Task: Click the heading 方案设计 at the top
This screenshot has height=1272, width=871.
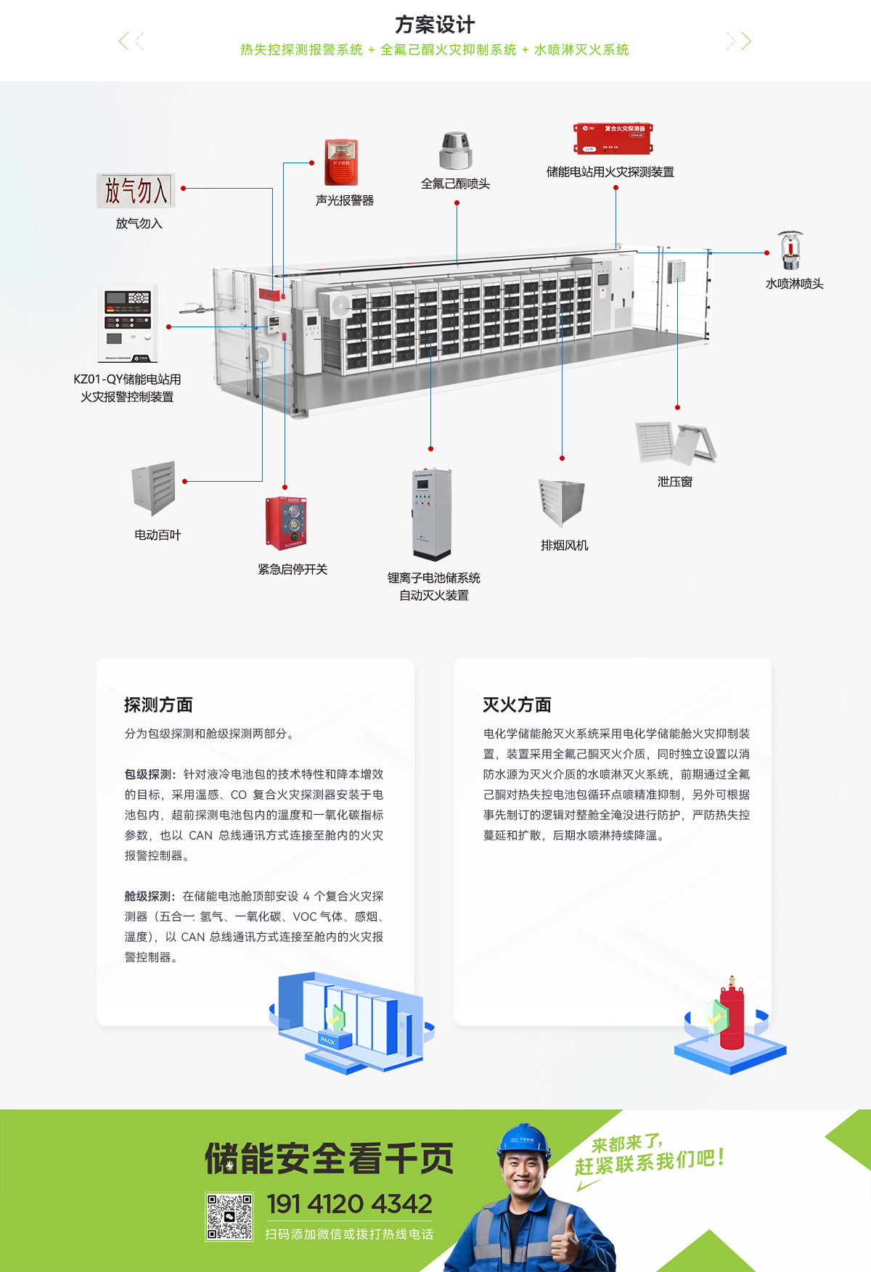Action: [x=435, y=25]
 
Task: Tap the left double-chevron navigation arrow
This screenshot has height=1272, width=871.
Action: [x=131, y=41]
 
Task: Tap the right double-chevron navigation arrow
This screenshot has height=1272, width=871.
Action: [x=739, y=41]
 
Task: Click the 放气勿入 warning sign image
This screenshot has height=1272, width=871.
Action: [x=136, y=191]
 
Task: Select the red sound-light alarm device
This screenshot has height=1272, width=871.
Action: [x=340, y=163]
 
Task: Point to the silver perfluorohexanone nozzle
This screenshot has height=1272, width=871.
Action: [x=455, y=151]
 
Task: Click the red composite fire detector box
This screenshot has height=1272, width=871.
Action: [x=613, y=139]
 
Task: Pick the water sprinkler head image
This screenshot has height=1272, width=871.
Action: [x=790, y=251]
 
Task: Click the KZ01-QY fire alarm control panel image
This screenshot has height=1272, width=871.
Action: [x=128, y=323]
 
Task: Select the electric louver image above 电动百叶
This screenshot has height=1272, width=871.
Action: [x=154, y=488]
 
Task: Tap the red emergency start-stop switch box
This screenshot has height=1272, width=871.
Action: [x=286, y=523]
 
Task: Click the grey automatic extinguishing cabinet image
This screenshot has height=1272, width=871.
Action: [x=432, y=514]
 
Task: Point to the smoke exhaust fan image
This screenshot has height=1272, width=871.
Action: [x=562, y=501]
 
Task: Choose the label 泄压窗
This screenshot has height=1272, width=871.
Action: [x=674, y=482]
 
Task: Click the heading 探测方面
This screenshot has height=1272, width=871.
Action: [x=158, y=705]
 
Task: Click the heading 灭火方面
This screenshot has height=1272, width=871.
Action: [x=517, y=705]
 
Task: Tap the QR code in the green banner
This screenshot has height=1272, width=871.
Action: [x=229, y=1217]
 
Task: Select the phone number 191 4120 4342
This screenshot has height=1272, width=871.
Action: [x=349, y=1205]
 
